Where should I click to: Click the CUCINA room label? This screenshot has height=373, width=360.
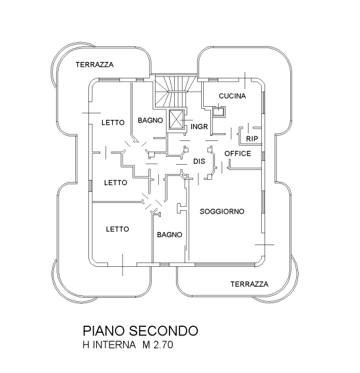click(x=232, y=96)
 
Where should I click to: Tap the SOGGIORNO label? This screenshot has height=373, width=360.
click(x=222, y=212)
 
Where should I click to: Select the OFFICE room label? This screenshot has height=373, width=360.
click(x=238, y=154)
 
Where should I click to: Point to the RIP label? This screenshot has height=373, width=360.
click(x=252, y=138)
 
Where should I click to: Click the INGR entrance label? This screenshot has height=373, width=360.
click(x=199, y=127)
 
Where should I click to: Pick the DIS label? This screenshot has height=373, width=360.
click(x=199, y=161)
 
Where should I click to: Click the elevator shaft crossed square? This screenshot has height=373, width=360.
click(x=176, y=119)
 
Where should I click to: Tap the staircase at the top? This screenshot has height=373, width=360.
click(x=175, y=91)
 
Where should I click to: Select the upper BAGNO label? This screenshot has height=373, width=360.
click(x=150, y=121)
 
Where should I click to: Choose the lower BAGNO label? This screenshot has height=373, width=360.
click(x=169, y=235)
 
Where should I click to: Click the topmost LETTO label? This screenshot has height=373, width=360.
click(x=113, y=123)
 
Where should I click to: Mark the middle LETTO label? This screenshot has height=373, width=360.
click(x=115, y=183)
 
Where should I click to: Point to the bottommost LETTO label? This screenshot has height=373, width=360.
click(x=117, y=229)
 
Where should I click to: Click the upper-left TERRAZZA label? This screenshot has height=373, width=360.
click(x=95, y=65)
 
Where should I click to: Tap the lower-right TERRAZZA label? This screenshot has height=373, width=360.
click(x=250, y=284)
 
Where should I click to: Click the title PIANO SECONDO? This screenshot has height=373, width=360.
click(x=140, y=331)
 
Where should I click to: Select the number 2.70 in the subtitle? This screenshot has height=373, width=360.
click(x=164, y=345)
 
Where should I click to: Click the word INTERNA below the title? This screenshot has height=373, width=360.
click(x=114, y=345)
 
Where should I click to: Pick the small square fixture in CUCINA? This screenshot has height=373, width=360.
click(x=218, y=111)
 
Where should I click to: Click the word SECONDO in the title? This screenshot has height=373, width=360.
click(x=164, y=331)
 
